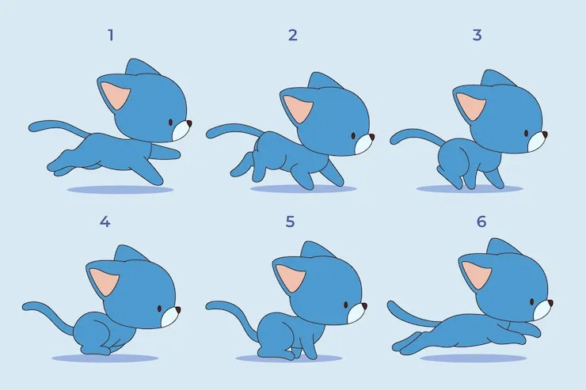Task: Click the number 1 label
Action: pos(111,36)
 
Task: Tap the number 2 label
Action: pos(293,35)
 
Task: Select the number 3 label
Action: pos(477,35)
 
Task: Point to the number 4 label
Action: pos(105,222)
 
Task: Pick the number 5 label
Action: pos(290,222)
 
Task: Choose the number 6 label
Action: pos(481,222)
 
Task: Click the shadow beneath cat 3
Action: pos(470,189)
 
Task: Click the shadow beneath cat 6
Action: pos(473,358)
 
